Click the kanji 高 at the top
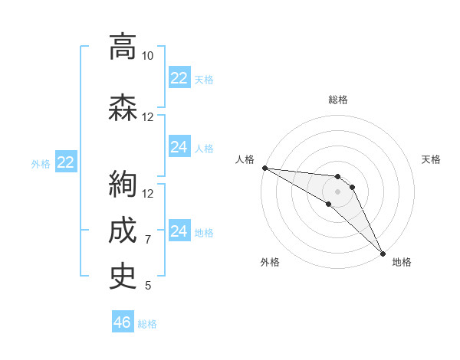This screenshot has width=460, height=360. click(123, 47)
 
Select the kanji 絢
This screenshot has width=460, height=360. click(123, 185)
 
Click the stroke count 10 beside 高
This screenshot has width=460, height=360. click(147, 56)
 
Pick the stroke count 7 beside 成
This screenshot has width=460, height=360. click(147, 240)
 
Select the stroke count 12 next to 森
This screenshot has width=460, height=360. click(147, 117)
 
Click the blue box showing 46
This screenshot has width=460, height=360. click(123, 322)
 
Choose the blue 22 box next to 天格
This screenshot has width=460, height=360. click(179, 78)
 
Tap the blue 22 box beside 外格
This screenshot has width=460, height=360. click(66, 162)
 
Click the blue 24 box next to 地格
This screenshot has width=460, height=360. click(179, 231)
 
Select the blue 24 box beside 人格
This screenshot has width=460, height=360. click(179, 147)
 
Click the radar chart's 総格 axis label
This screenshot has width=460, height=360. click(337, 100)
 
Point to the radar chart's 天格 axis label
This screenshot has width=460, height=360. click(432, 159)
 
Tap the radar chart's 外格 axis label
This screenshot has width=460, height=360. click(270, 262)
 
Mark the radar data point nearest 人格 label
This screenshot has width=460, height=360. click(264, 168)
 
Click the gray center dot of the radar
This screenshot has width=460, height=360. click(337, 191)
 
